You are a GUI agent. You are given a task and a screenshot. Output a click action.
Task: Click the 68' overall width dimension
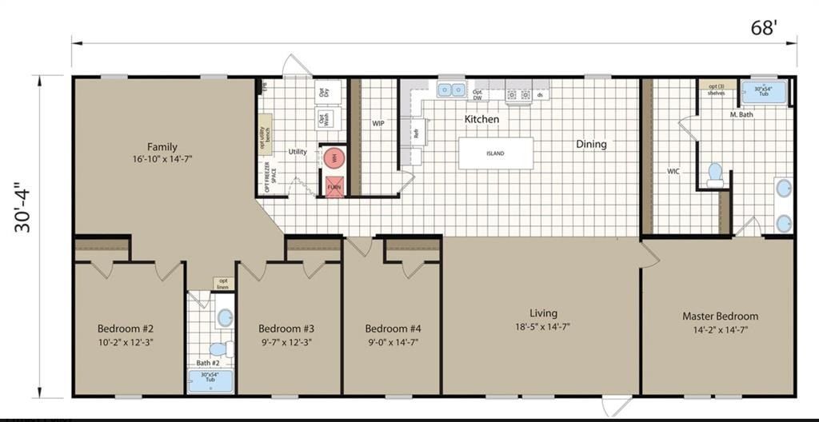click(x=764, y=29)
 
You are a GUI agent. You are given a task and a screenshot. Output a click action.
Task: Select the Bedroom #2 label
click(x=126, y=328)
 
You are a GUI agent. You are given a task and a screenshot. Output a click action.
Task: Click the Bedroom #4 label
click(x=393, y=328)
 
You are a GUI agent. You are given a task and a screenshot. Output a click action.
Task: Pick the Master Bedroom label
click(x=720, y=316)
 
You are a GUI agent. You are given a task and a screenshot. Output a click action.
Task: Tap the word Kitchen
click(x=481, y=119)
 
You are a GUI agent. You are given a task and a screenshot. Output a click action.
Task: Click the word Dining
click(x=591, y=145)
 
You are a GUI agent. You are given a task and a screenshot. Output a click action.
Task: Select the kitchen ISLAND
click(x=495, y=153)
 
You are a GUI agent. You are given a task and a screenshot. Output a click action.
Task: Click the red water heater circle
click(x=334, y=158)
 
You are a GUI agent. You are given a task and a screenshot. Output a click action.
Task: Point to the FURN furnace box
click(x=334, y=186)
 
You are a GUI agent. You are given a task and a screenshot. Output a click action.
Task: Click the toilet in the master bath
click(x=715, y=173)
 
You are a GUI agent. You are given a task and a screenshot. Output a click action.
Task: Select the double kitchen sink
click(x=452, y=90)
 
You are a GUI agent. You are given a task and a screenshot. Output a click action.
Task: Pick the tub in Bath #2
click(x=210, y=381)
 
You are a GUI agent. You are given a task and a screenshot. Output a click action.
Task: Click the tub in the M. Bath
click(x=765, y=92)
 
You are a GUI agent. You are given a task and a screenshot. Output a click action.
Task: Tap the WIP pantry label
click(x=378, y=124)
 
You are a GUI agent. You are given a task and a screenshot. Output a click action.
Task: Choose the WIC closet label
click(x=673, y=170)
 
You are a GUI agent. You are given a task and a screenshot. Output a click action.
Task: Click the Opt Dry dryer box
click(x=324, y=91)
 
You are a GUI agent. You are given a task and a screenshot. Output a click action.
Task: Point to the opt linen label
click(x=222, y=284)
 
